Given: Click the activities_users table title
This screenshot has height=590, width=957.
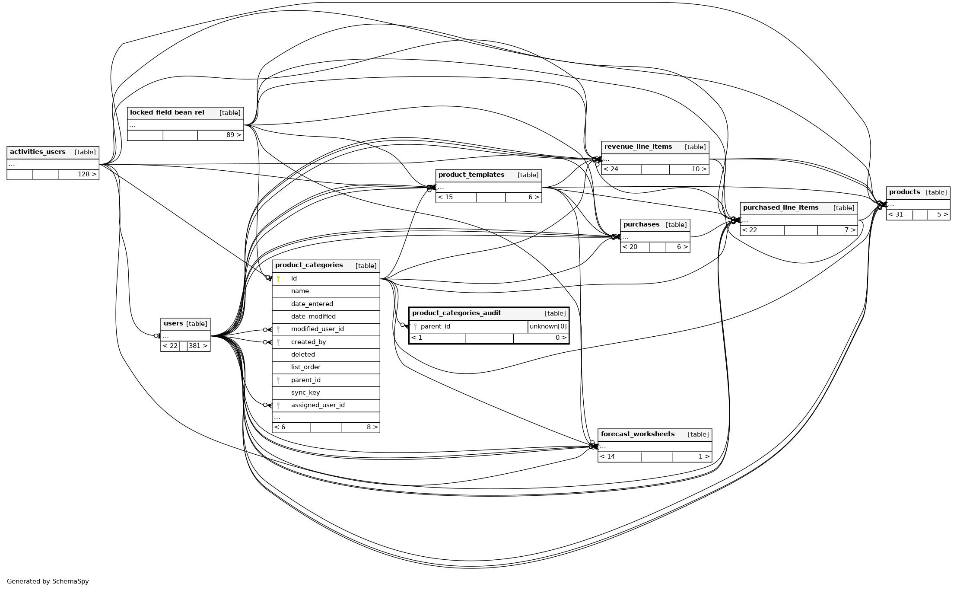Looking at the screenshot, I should pyautogui.click(x=38, y=152).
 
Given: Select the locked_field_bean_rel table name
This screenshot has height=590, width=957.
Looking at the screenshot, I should pyautogui.click(x=167, y=113).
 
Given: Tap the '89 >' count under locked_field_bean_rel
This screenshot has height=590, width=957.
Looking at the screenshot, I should pyautogui.click(x=233, y=135).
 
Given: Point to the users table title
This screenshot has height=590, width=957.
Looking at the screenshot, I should pyautogui.click(x=173, y=324).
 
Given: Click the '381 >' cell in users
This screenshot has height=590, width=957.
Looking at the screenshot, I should pyautogui.click(x=198, y=346).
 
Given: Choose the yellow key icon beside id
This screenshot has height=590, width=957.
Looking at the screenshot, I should pyautogui.click(x=278, y=279).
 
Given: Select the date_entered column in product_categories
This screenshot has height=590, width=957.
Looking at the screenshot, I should pyautogui.click(x=312, y=304).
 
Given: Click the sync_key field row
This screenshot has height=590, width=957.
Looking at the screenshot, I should pyautogui.click(x=305, y=393).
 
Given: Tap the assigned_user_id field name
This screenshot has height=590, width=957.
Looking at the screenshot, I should pyautogui.click(x=318, y=405).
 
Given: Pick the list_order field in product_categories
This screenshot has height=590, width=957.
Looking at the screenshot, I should pyautogui.click(x=305, y=367).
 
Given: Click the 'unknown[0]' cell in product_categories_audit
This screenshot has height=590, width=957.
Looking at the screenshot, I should pyautogui.click(x=548, y=327).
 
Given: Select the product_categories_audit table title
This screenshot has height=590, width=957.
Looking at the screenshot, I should pyautogui.click(x=456, y=313).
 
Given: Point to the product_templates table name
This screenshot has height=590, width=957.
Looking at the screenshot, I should pyautogui.click(x=471, y=175).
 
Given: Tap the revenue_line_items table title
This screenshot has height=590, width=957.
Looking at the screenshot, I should pyautogui.click(x=638, y=147).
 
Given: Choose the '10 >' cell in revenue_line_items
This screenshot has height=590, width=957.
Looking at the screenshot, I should pyautogui.click(x=699, y=169).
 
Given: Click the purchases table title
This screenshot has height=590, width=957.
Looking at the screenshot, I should pyautogui.click(x=641, y=225).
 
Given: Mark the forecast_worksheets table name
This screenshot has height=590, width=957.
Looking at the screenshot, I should pyautogui.click(x=637, y=434).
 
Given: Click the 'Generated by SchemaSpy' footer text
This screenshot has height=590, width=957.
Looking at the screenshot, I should pyautogui.click(x=48, y=582).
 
